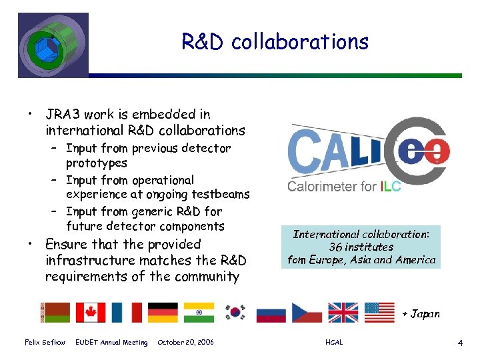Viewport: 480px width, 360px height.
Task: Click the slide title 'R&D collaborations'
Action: [x=275, y=42]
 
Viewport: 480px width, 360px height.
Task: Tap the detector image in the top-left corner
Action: [x=53, y=44]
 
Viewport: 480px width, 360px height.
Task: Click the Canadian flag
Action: [x=90, y=312]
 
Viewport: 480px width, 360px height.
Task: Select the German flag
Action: [x=163, y=312]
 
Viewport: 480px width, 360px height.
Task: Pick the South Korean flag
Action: [x=234, y=312]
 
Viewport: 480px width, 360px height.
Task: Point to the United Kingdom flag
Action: [x=343, y=312]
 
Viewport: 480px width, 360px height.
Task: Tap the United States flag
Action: [x=379, y=312]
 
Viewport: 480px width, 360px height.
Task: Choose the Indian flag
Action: [x=199, y=312]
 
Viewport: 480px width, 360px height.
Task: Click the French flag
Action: [x=126, y=312]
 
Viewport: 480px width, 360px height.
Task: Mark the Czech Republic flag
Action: [x=306, y=312]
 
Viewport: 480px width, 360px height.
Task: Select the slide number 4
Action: [x=460, y=343]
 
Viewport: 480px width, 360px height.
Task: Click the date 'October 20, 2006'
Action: [x=185, y=343]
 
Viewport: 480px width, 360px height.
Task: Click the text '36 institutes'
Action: [x=362, y=247]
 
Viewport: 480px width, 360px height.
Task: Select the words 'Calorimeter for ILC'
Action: [x=344, y=187]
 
